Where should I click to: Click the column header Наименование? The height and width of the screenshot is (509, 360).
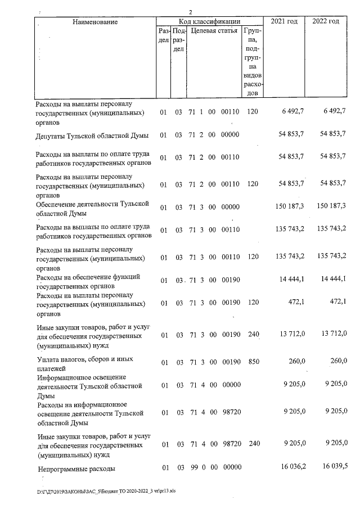[94, 22]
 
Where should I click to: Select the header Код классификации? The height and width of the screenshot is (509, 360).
[211, 21]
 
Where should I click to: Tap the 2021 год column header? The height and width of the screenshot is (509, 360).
[284, 21]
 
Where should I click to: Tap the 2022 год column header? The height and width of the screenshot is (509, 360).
[326, 21]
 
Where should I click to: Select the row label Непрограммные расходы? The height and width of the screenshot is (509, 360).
[76, 468]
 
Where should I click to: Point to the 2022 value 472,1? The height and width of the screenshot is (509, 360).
[337, 303]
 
